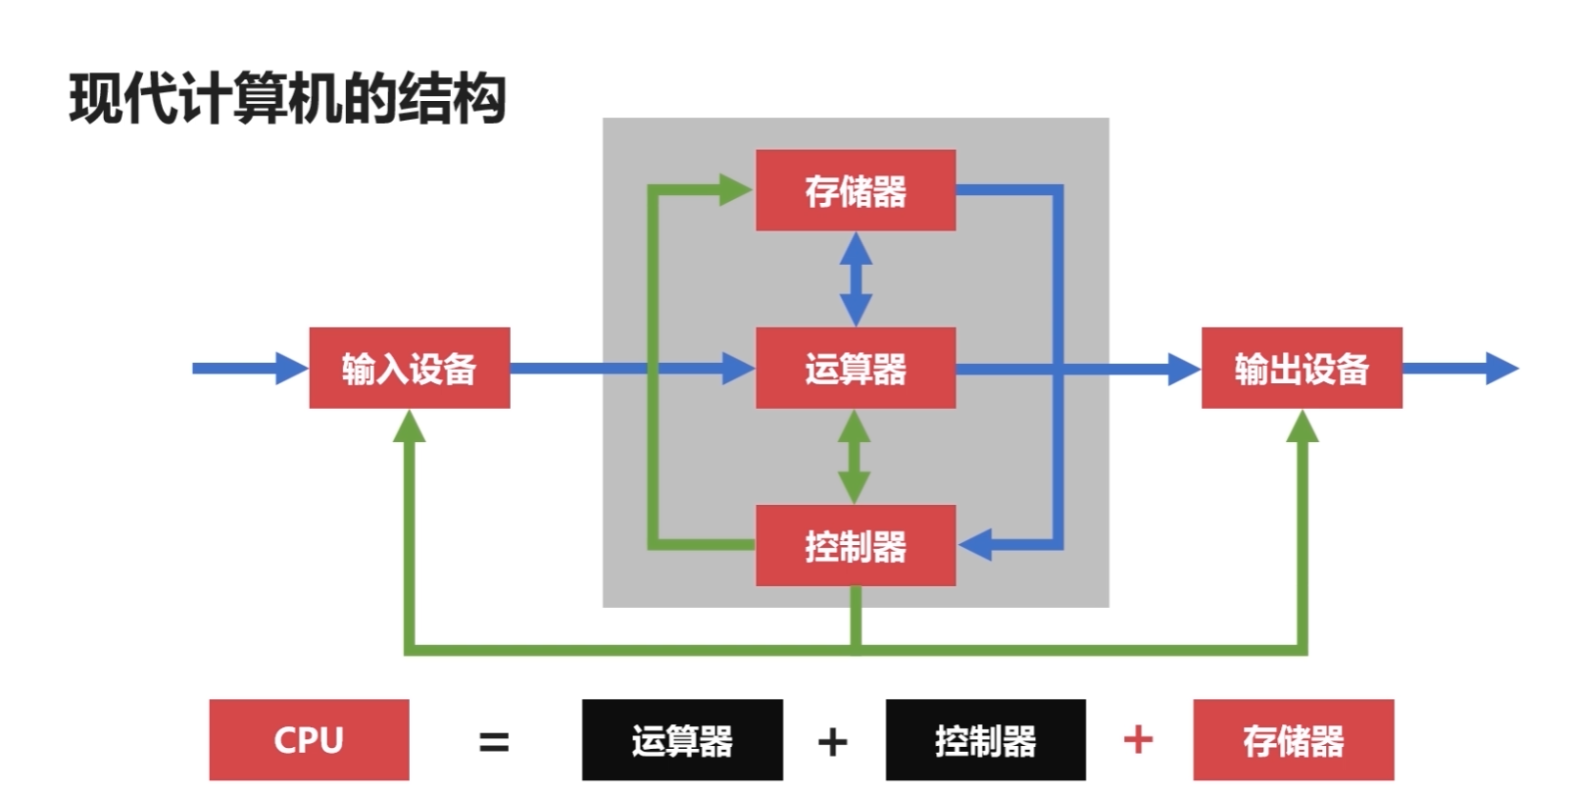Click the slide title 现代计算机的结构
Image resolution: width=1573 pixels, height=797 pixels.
pyautogui.click(x=287, y=99)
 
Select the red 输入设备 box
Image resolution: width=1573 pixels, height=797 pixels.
pyautogui.click(x=409, y=368)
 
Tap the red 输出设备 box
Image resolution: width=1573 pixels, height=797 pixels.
pyautogui.click(x=1301, y=368)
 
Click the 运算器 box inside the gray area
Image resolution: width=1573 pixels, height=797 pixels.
pyautogui.click(x=855, y=368)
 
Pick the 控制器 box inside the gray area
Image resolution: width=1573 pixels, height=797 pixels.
pyautogui.click(x=855, y=545)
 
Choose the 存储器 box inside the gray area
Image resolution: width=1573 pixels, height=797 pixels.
pyautogui.click(x=855, y=190)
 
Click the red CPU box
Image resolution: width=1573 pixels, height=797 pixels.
pyautogui.click(x=309, y=739)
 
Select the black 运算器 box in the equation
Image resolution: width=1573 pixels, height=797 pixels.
pyautogui.click(x=682, y=739)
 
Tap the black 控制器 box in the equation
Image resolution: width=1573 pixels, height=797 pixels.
pyautogui.click(x=985, y=739)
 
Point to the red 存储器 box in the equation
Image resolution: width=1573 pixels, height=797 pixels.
pyautogui.click(x=1293, y=739)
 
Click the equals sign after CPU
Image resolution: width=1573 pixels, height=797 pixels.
pyautogui.click(x=494, y=741)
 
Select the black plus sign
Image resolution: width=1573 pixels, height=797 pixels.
pyautogui.click(x=832, y=741)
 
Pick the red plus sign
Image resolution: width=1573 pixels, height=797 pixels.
pyautogui.click(x=1138, y=738)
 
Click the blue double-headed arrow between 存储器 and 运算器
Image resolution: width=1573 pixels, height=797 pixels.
pyautogui.click(x=856, y=279)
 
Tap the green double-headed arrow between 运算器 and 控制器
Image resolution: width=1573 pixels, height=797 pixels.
pyautogui.click(x=854, y=457)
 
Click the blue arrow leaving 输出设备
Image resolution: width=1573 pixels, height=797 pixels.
pyautogui.click(x=1460, y=368)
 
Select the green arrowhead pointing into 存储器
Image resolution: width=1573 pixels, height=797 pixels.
pyautogui.click(x=735, y=189)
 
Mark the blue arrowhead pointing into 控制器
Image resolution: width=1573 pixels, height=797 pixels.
pyautogui.click(x=976, y=544)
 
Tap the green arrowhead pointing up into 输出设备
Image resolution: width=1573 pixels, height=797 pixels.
pyautogui.click(x=1302, y=427)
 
